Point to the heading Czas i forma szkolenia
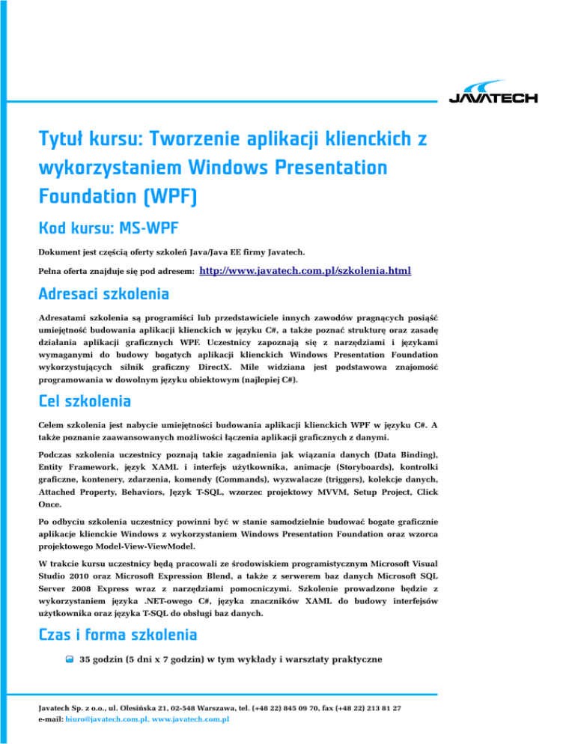[118, 635]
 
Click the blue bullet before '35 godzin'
[67, 659]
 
